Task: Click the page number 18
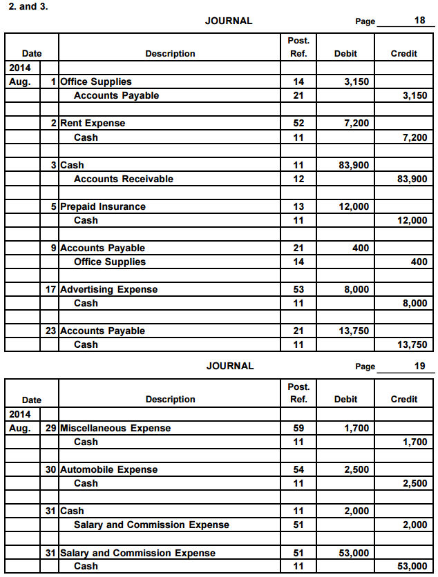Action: click(419, 21)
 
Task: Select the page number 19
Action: click(419, 366)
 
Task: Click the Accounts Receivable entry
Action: click(123, 179)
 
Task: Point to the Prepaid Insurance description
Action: click(103, 206)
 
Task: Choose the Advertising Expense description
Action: click(108, 289)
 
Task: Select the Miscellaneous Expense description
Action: click(115, 428)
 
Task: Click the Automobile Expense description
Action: click(108, 469)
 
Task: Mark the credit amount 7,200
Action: click(415, 137)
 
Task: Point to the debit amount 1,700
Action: click(356, 428)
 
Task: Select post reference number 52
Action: click(298, 124)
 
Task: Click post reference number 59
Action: click(298, 428)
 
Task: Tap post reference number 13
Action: click(298, 206)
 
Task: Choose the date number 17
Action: click(51, 289)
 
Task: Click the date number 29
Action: click(51, 428)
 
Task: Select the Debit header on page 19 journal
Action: click(345, 399)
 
